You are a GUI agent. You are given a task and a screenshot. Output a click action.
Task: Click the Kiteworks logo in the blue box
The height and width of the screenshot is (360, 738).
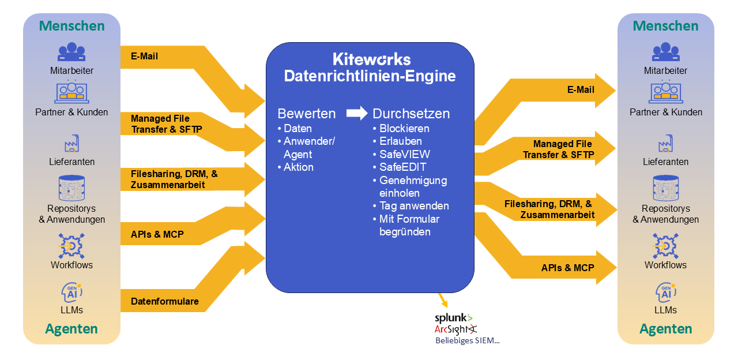(371, 59)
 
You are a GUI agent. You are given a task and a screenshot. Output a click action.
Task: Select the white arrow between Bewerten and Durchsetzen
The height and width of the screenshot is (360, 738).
(357, 114)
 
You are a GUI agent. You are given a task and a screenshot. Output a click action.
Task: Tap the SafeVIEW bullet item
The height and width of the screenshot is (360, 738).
(404, 154)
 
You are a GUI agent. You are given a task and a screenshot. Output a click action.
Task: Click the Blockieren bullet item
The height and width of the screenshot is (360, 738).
(404, 128)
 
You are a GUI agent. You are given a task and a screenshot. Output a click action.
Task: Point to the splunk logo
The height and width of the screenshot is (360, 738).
(453, 317)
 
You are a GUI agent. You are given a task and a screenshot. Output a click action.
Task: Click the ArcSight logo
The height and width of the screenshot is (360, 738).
(455, 329)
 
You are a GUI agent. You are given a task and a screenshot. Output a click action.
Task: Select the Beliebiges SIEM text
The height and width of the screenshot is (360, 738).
(467, 340)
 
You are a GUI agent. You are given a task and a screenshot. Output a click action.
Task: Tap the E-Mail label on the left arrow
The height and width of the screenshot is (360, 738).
(144, 57)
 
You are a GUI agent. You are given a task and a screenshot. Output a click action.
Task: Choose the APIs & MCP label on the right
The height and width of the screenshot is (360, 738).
(567, 268)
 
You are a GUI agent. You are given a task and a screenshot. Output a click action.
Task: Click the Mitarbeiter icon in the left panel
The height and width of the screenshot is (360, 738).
(71, 52)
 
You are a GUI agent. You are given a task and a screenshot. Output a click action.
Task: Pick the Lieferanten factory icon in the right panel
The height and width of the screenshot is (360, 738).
(666, 143)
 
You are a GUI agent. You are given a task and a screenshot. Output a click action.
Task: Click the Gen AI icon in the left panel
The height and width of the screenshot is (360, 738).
(71, 292)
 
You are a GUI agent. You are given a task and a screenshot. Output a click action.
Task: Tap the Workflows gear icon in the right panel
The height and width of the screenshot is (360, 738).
(666, 246)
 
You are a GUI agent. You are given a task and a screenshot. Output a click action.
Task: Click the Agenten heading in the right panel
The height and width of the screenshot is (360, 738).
(666, 329)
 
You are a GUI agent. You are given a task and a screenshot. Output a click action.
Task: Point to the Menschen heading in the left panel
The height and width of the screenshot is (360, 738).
(71, 26)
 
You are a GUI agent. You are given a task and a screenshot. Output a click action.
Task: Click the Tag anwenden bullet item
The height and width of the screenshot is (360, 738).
(413, 206)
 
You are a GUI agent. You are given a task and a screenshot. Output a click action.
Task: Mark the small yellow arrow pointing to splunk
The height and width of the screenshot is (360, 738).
(443, 300)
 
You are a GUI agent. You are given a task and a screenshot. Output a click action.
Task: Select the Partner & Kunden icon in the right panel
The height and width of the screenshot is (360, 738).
(666, 92)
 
